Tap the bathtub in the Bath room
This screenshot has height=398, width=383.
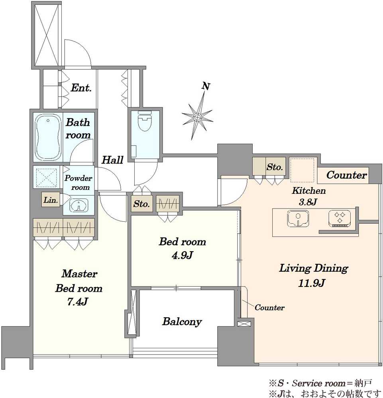(x=48, y=137)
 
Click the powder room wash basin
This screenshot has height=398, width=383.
(x=79, y=205)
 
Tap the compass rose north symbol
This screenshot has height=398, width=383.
(x=197, y=117)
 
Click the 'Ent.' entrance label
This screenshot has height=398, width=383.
(x=81, y=88)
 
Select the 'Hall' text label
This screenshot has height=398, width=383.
(x=112, y=160)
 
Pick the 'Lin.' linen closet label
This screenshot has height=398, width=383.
(x=51, y=200)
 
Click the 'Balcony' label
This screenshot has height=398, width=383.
(x=182, y=322)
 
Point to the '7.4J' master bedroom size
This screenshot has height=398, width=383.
(x=78, y=302)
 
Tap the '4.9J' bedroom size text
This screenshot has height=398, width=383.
(x=183, y=256)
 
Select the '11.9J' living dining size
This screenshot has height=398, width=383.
(x=311, y=283)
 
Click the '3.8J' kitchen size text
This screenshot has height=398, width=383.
(x=308, y=202)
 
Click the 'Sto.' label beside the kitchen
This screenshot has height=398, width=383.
(x=275, y=167)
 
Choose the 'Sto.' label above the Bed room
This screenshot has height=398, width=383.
(x=141, y=204)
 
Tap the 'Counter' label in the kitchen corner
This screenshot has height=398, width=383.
(x=347, y=175)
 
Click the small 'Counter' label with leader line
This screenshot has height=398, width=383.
(x=269, y=308)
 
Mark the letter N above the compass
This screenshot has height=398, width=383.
(x=206, y=86)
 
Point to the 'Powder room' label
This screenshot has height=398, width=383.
(x=78, y=183)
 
